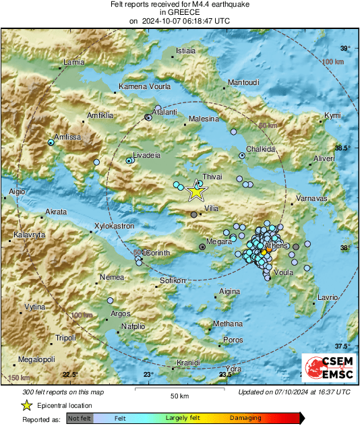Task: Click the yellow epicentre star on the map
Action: click(196, 191)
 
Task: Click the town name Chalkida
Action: click(261, 149)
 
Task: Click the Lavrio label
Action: click(327, 297)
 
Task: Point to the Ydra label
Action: click(233, 369)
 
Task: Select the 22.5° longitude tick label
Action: click(71, 375)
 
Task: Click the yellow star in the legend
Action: click(27, 405)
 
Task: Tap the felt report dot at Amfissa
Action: click(51, 142)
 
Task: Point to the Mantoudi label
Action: click(244, 82)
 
